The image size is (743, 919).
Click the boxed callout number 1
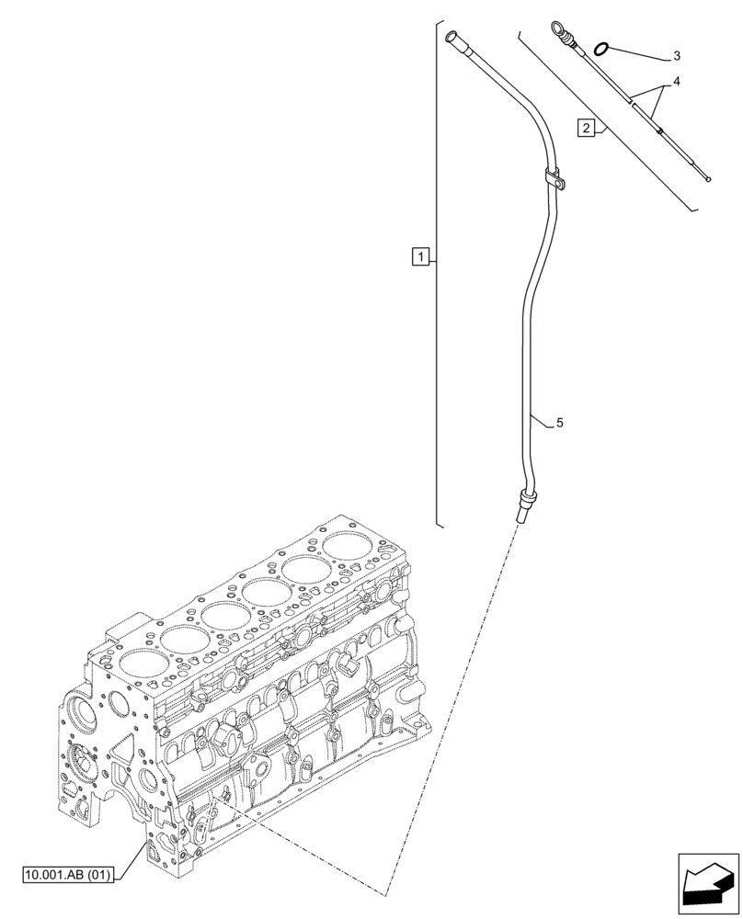click(419, 255)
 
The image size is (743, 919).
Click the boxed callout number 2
click(586, 127)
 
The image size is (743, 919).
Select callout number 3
click(676, 56)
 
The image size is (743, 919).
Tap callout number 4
click(676, 82)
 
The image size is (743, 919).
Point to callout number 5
click(559, 423)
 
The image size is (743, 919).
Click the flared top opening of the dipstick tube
click(452, 37)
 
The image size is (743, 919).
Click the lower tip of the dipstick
click(706, 179)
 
